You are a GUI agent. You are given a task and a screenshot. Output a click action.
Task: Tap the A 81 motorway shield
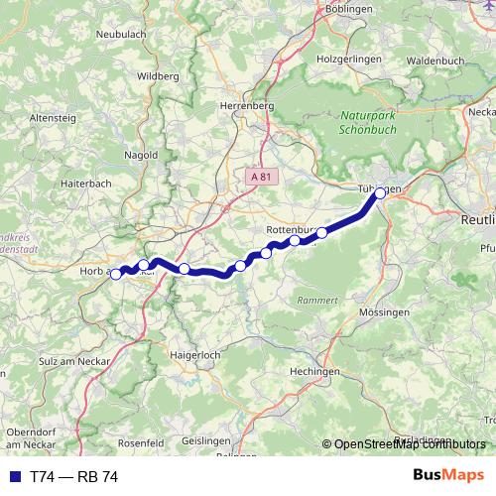tap(261, 176)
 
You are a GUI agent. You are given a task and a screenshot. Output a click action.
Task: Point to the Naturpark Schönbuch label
tap(366, 122)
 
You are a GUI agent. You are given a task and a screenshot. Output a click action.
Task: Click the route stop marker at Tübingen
tap(380, 193)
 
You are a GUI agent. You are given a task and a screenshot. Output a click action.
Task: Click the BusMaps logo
tap(448, 476)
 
